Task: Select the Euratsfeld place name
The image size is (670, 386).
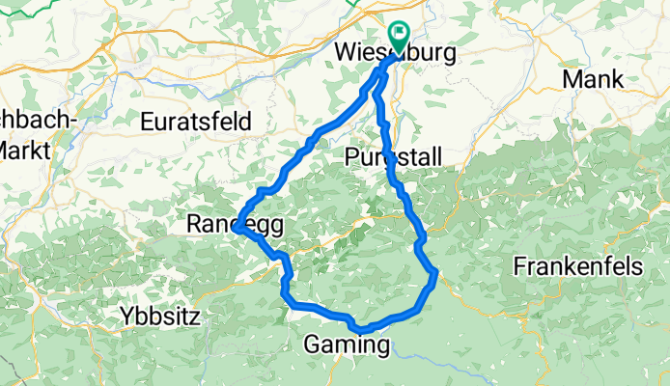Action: coord(196,122)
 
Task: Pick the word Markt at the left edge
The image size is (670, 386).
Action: coord(17,151)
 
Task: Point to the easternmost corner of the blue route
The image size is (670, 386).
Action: coord(436,273)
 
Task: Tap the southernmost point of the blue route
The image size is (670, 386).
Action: coord(359,331)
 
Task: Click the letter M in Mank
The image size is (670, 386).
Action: coord(571,79)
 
